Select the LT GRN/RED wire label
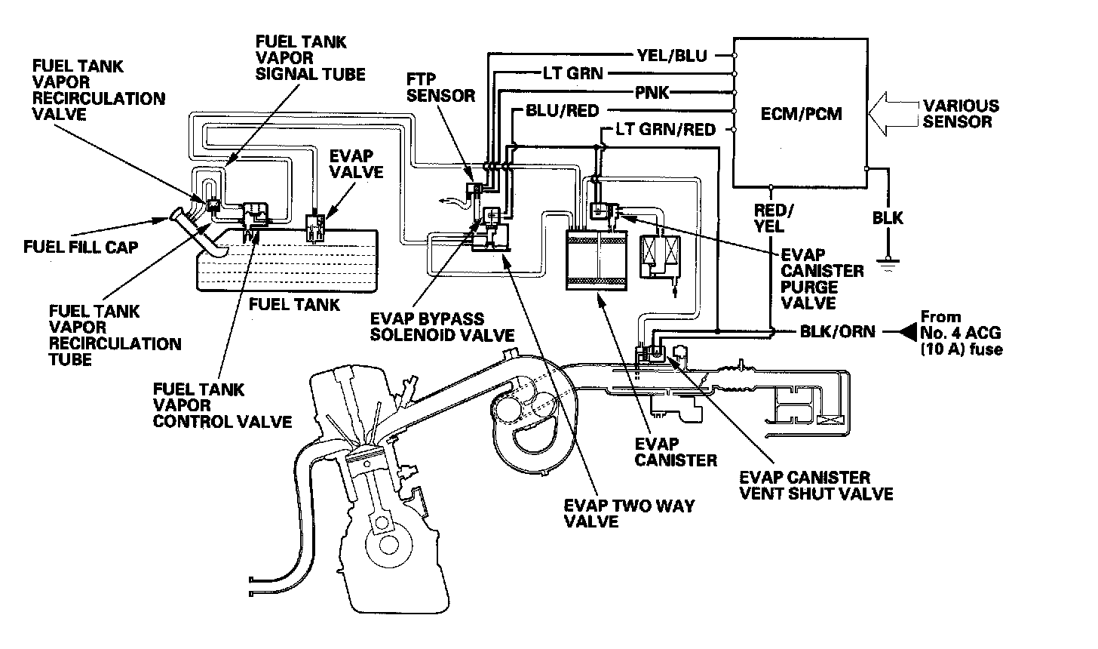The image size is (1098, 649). pyautogui.click(x=665, y=130)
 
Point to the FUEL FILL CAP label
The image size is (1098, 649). pyautogui.click(x=81, y=247)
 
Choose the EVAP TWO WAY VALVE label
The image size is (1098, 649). pyautogui.click(x=629, y=513)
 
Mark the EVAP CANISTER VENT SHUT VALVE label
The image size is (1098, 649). pyautogui.click(x=816, y=485)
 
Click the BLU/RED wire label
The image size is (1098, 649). pyautogui.click(x=555, y=112)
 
